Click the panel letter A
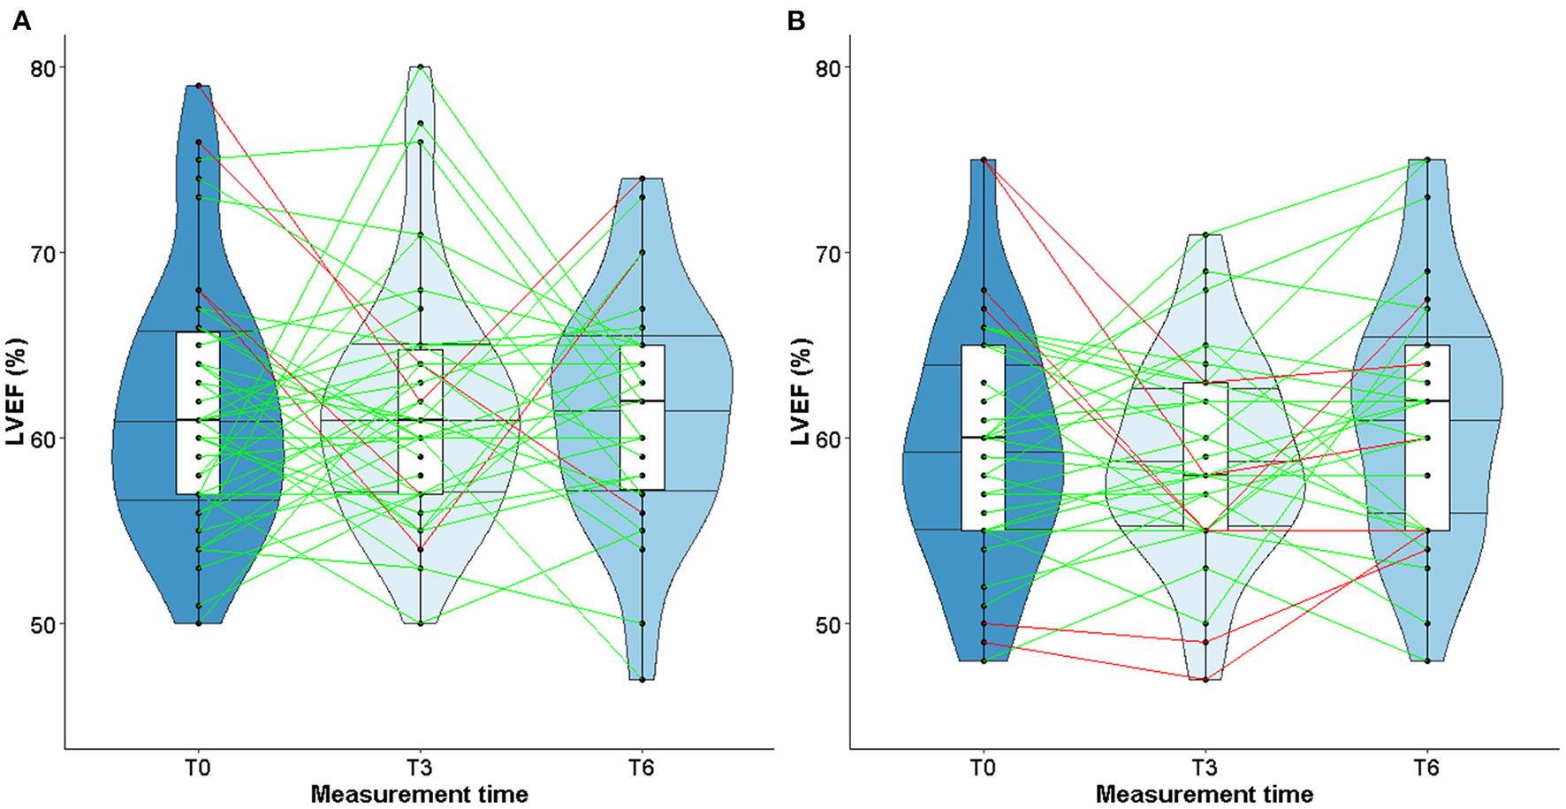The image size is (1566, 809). point(21,21)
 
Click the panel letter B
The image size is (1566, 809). point(795,21)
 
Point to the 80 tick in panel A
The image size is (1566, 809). point(42,68)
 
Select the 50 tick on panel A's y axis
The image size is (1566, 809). point(42,624)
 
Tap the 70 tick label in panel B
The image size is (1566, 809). point(828,254)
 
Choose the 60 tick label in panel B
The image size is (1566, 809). point(828,439)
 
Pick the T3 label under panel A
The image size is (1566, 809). point(420,767)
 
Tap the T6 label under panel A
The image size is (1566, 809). point(642,767)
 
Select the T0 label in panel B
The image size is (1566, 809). point(983,767)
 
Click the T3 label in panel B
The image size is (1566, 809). point(1205,767)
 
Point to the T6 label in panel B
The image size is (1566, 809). point(1426,767)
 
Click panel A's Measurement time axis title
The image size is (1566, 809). point(420,794)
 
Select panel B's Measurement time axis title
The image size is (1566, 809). point(1205,794)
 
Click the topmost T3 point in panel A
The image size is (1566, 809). point(421,67)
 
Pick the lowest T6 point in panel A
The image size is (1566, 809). point(642,680)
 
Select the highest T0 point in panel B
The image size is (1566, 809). point(984,160)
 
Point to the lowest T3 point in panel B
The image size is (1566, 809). point(1205,680)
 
